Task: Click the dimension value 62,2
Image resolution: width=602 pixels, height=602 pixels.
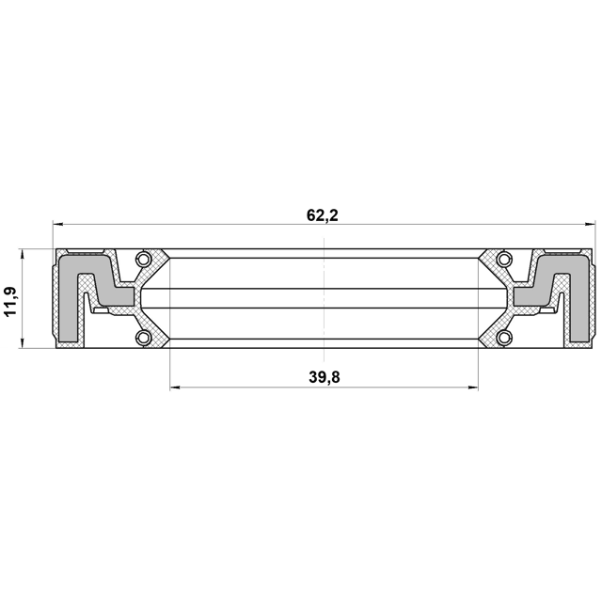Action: [323, 215]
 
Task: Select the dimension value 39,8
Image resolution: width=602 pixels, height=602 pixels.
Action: [325, 378]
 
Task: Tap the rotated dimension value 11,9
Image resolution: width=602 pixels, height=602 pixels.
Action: [10, 301]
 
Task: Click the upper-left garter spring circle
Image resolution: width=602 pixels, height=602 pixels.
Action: [142, 259]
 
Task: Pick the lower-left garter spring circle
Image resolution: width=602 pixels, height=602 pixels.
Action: [142, 338]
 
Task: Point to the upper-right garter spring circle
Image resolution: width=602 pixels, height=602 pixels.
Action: [503, 259]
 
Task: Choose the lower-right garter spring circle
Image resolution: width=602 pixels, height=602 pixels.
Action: [503, 338]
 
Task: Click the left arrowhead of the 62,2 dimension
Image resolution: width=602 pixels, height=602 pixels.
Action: [57, 224]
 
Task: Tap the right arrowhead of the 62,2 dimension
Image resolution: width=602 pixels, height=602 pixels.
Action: [590, 224]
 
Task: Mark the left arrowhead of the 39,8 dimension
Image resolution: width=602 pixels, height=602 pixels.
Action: [175, 388]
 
